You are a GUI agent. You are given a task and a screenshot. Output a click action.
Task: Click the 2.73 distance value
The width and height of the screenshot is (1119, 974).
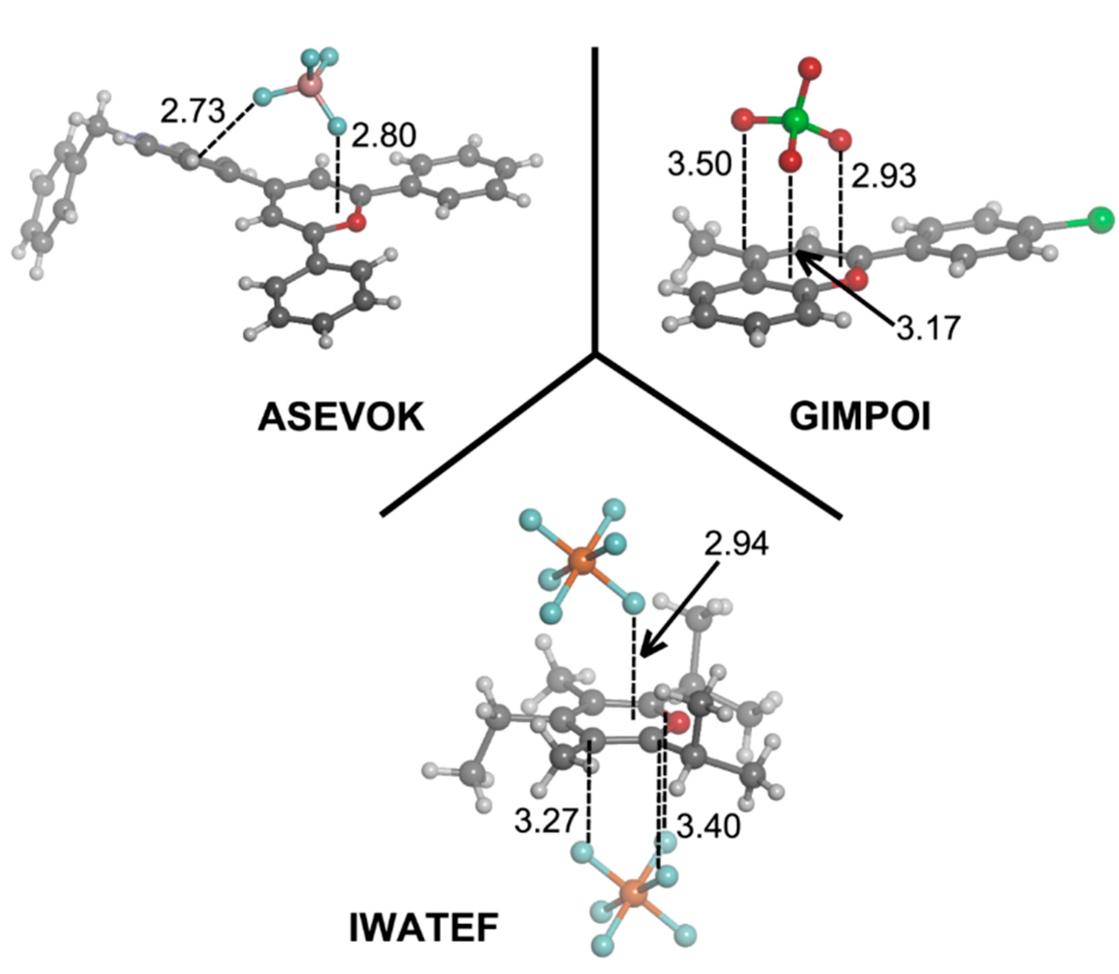[193, 112]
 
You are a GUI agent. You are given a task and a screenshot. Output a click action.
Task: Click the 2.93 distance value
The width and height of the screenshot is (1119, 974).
[884, 176]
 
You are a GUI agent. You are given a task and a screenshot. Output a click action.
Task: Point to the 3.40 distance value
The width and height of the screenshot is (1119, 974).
[708, 826]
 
